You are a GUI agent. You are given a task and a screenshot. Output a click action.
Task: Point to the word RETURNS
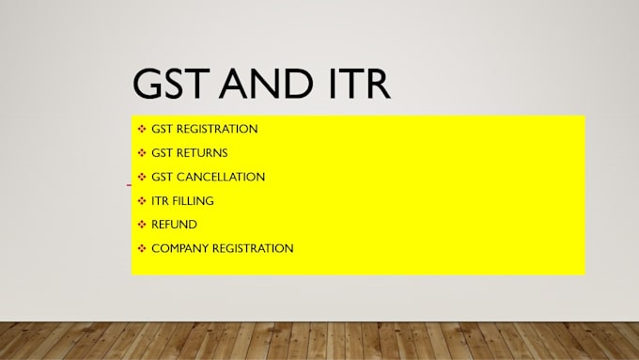[203, 152]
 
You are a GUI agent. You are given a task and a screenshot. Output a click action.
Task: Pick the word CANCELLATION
[222, 177]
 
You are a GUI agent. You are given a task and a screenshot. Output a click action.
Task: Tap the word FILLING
[193, 200]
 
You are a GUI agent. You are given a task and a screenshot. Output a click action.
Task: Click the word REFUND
[174, 225]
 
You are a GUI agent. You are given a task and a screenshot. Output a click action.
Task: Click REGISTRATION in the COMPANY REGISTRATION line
[254, 248]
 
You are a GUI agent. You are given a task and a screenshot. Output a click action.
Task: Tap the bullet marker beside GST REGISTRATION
[142, 129]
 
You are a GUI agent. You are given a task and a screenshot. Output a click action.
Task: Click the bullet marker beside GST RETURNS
[142, 152]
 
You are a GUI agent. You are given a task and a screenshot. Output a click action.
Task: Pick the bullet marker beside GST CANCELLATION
[142, 177]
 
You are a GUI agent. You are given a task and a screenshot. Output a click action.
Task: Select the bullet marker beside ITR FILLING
[142, 200]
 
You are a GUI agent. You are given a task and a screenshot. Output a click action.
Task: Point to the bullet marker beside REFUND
[142, 225]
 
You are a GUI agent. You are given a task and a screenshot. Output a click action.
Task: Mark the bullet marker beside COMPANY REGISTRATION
[142, 248]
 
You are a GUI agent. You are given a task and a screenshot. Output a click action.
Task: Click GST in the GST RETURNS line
[163, 152]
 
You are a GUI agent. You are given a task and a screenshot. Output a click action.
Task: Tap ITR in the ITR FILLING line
[160, 200]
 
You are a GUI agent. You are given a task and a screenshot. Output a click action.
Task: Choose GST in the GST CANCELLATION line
[163, 177]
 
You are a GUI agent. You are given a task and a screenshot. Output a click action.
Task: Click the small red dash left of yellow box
[129, 185]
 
